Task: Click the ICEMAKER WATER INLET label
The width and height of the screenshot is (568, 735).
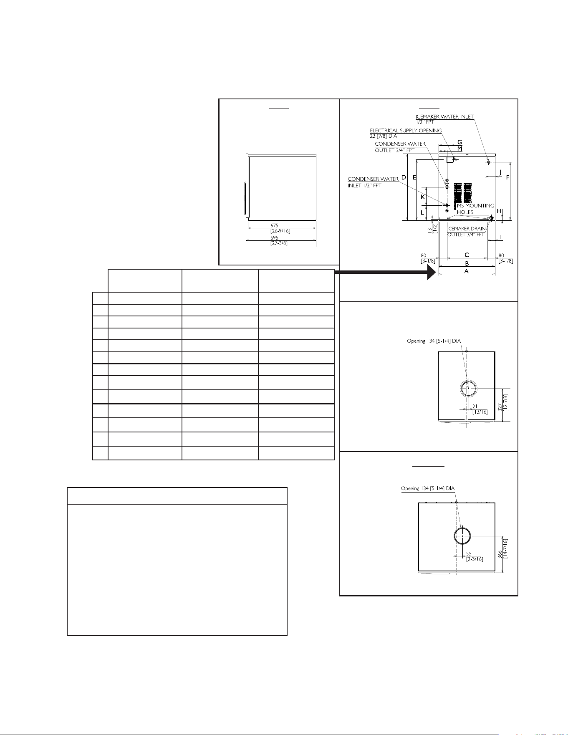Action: [x=444, y=119]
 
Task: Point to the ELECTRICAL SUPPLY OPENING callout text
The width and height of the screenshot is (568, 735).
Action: [x=406, y=133]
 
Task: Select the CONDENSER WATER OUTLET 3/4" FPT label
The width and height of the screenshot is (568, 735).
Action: [x=400, y=147]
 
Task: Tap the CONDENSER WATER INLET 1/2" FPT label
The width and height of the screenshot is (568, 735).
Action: [x=373, y=182]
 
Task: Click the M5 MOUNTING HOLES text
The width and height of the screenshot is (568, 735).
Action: [x=475, y=209]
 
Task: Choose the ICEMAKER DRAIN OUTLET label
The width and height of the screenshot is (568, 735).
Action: [x=466, y=232]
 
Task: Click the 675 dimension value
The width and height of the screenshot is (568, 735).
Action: [x=274, y=225]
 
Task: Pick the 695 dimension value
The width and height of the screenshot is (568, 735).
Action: [x=274, y=237]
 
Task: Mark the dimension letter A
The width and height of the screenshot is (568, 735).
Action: [x=467, y=271]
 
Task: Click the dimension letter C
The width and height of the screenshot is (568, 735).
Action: [x=467, y=255]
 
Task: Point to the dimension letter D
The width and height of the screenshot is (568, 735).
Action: [x=404, y=177]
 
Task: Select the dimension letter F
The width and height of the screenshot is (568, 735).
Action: [x=507, y=177]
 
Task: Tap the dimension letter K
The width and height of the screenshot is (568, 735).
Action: [x=423, y=197]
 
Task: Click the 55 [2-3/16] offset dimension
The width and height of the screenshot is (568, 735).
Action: [x=474, y=556]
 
